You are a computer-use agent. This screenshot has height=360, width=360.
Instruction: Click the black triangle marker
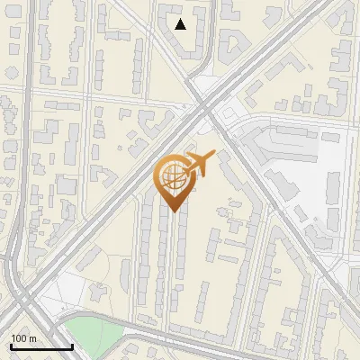click(181, 24)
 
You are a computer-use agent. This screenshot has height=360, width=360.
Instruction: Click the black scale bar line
click(41, 347)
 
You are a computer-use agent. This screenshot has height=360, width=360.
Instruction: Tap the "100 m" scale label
click(24, 338)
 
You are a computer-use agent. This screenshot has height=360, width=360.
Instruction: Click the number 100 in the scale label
click(20, 338)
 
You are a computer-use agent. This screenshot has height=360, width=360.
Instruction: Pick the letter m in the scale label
click(32, 338)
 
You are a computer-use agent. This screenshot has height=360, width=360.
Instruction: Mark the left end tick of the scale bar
click(11, 345)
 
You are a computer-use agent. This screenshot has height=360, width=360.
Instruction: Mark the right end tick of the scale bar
click(72, 345)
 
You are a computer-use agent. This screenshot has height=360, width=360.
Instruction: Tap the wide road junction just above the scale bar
click(27, 310)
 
